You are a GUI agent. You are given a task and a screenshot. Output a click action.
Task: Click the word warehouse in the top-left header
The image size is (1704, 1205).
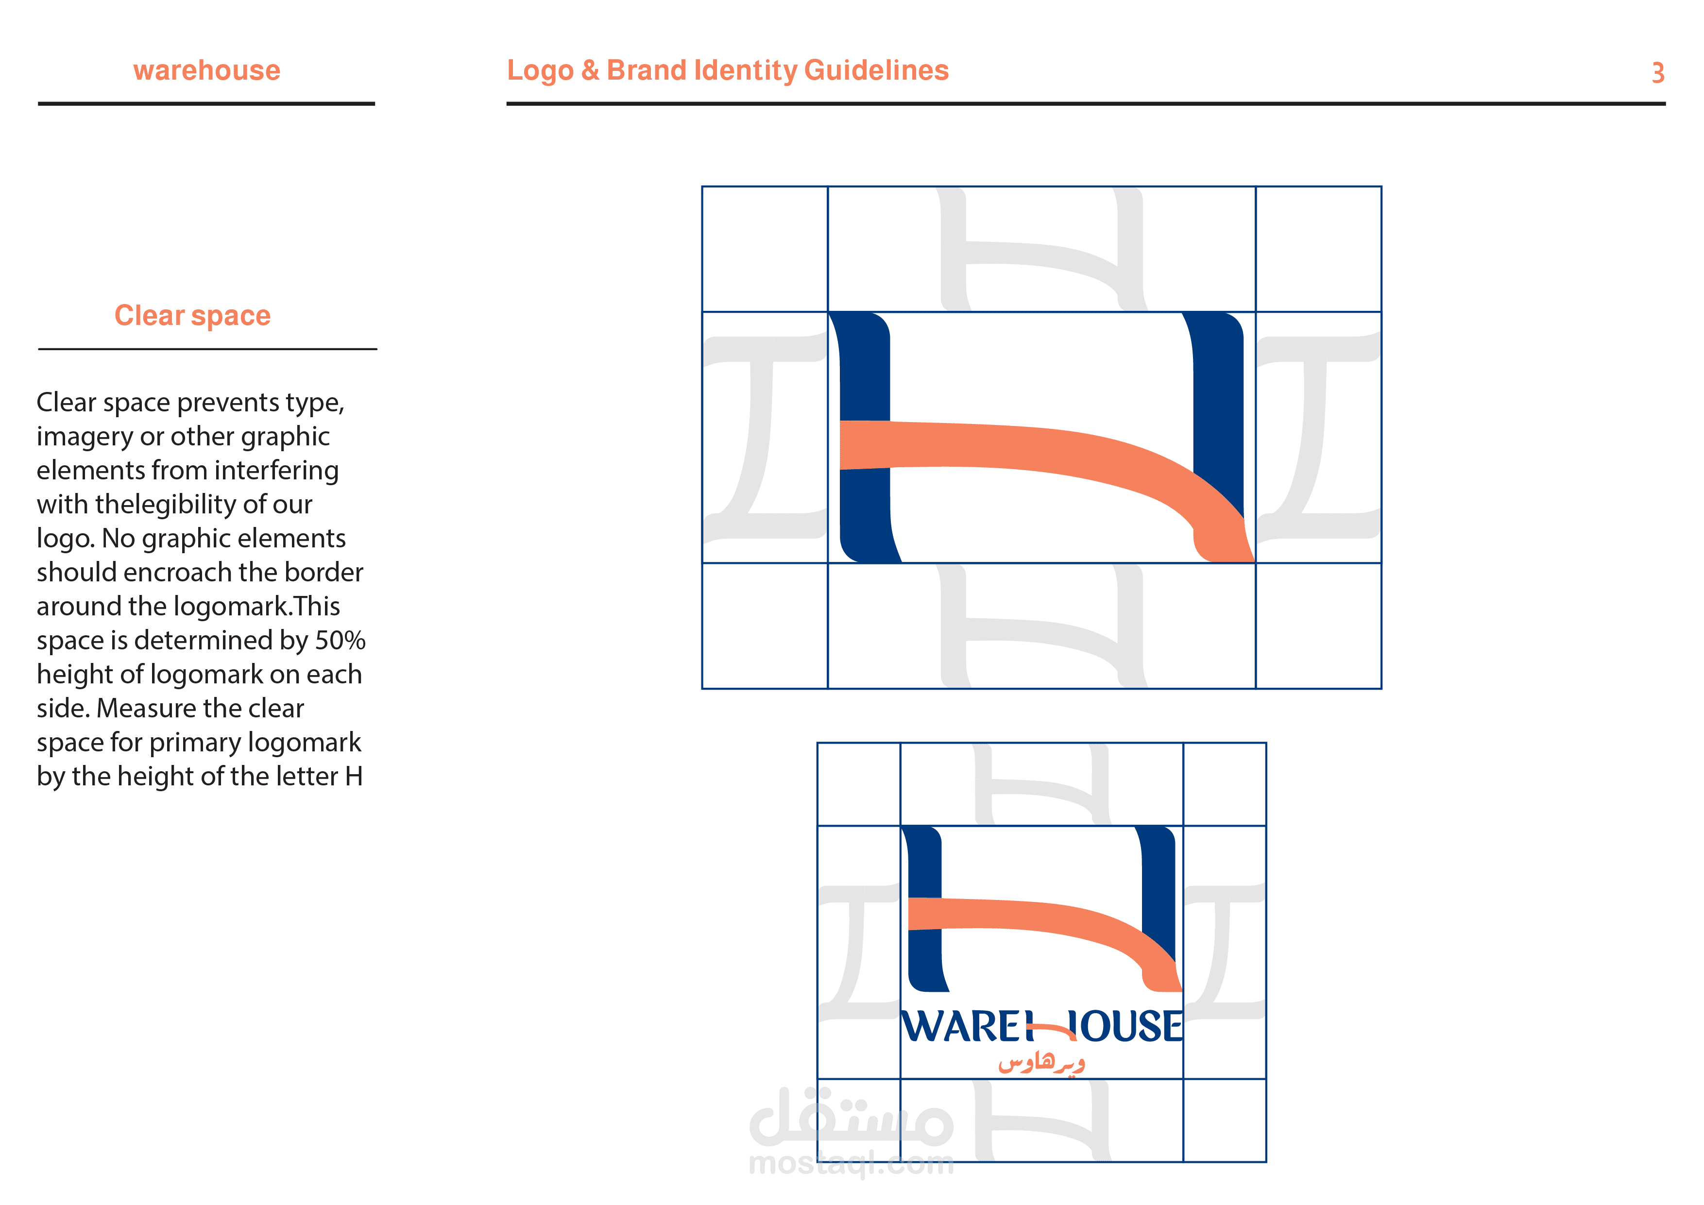[x=207, y=70]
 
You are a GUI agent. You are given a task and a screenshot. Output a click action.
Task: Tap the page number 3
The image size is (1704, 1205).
[x=1658, y=73]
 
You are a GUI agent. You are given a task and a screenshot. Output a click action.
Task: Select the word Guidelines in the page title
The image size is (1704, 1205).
[x=876, y=70]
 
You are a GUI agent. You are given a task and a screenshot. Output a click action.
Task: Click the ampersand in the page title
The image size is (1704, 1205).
[x=590, y=70]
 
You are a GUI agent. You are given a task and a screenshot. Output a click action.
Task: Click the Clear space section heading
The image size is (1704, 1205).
[x=192, y=315]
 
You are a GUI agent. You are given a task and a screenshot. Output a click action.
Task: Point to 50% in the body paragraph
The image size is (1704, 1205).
[x=340, y=640]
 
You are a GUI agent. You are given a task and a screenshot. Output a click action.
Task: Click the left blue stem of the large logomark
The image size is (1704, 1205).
[x=865, y=438]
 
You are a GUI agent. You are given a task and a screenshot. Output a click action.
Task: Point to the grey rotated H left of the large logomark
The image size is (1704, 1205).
[x=765, y=437]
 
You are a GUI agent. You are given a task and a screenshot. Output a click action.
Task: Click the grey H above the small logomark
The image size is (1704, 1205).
[x=1042, y=784]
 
